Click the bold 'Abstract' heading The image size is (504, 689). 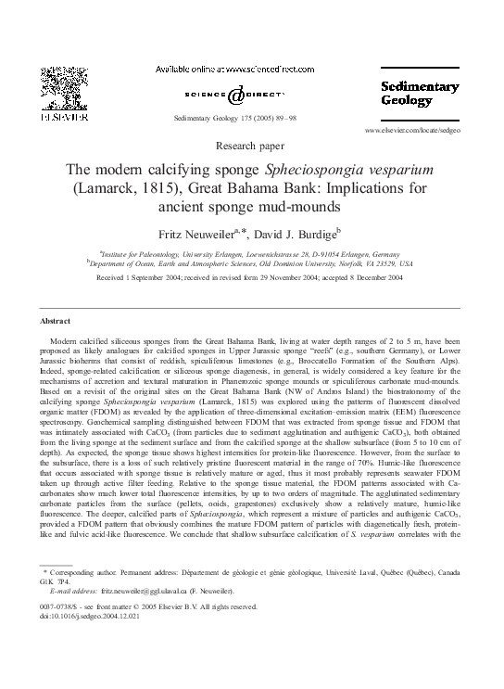pyautogui.click(x=56, y=320)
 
